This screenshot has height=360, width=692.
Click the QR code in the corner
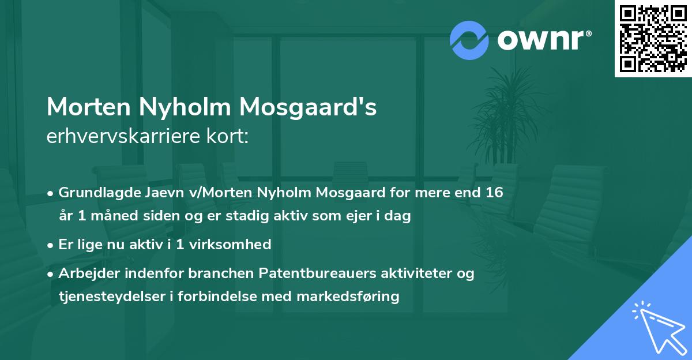tap(653, 39)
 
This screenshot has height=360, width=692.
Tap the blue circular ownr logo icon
tap(469, 40)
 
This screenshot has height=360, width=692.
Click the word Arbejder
tap(85, 273)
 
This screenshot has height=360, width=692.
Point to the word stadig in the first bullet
tap(240, 216)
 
